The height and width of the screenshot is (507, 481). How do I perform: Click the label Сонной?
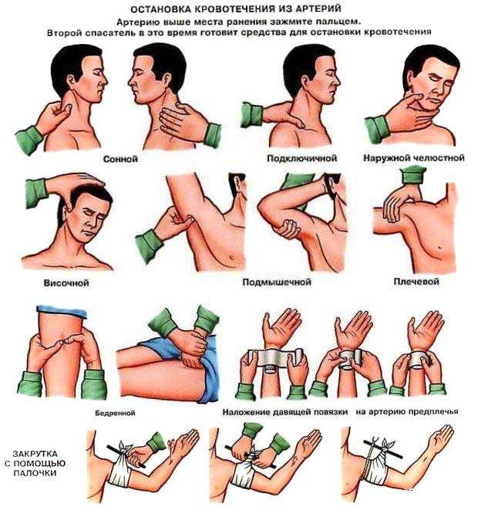tap(120, 159)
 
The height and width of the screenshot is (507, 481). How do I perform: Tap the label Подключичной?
tap(301, 158)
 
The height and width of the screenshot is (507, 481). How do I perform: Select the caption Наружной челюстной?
tap(414, 157)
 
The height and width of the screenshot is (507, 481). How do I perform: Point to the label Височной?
tap(66, 283)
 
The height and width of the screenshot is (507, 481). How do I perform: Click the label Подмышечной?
tap(277, 282)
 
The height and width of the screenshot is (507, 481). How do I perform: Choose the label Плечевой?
tap(416, 282)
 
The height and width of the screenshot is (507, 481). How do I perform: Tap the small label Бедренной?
tap(115, 413)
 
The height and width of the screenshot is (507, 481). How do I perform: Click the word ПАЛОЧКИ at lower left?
tap(35, 473)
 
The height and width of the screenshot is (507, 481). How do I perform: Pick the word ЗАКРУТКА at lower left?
tap(35, 454)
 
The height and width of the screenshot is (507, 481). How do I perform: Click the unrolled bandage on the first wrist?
tap(275, 358)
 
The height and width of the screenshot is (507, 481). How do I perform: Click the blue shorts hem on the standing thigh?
tap(62, 311)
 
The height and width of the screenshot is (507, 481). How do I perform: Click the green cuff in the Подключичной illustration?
tap(251, 114)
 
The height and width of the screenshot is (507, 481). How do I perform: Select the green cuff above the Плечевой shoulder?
tap(413, 175)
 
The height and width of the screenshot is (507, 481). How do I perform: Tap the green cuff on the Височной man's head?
tap(36, 192)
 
